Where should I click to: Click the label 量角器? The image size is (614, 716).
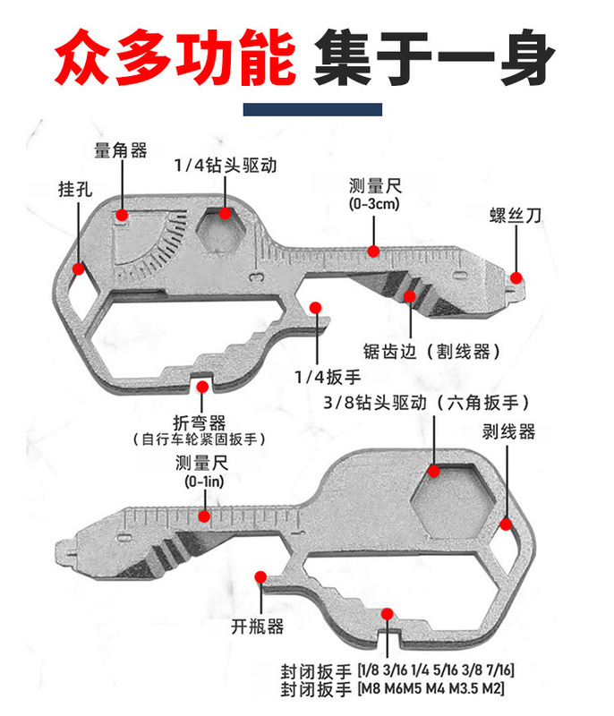click(120, 150)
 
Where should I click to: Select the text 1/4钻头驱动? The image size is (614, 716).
click(224, 166)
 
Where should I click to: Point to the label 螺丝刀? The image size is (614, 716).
click(516, 216)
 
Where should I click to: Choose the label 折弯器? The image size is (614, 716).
click(199, 422)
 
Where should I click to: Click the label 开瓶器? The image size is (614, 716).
click(257, 626)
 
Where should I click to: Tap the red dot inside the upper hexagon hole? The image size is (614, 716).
click(225, 215)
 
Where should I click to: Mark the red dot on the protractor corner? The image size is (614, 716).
click(122, 215)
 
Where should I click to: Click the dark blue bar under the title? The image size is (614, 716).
click(313, 108)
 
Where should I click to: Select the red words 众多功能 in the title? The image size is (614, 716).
click(175, 59)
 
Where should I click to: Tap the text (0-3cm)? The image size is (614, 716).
click(373, 204)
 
